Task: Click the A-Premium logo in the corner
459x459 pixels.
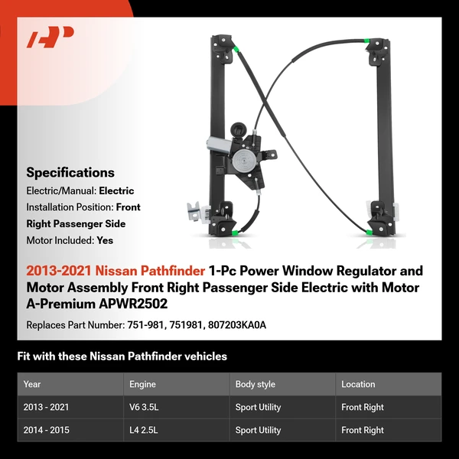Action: pyautogui.click(x=50, y=37)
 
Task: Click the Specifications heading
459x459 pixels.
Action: pyautogui.click(x=70, y=172)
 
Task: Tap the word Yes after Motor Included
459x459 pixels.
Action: pyautogui.click(x=106, y=239)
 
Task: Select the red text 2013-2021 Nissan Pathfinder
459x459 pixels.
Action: pyautogui.click(x=115, y=271)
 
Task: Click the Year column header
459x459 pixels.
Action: pyautogui.click(x=32, y=384)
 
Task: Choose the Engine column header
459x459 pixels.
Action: pyautogui.click(x=143, y=384)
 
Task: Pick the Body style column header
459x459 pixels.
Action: pyautogui.click(x=255, y=384)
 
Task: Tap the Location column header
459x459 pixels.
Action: pyautogui.click(x=358, y=384)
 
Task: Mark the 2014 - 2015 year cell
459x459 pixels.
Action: pyautogui.click(x=47, y=430)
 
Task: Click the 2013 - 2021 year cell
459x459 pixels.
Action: pyautogui.click(x=47, y=407)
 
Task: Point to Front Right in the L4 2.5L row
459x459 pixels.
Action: pyautogui.click(x=363, y=430)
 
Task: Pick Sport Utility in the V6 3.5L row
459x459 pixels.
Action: pyautogui.click(x=258, y=407)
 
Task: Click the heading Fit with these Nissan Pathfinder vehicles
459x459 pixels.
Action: pyautogui.click(x=122, y=356)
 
